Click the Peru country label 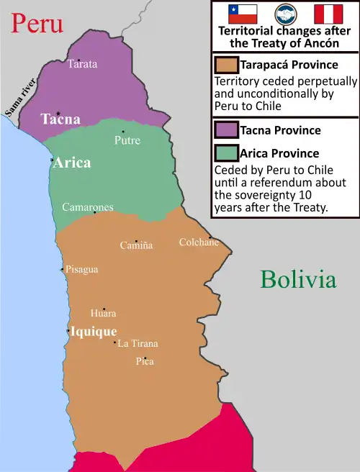(36, 23)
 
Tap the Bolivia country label (298, 279)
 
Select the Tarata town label (83, 64)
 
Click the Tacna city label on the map (60, 119)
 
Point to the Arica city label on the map (72, 163)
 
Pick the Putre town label (127, 140)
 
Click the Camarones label (88, 207)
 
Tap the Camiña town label (136, 245)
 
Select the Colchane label (199, 242)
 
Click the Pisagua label (81, 269)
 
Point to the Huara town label (103, 314)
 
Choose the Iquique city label (94, 332)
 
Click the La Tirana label (138, 343)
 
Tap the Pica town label (145, 361)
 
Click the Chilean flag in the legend (243, 14)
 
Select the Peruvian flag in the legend (328, 14)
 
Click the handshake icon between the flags (286, 14)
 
